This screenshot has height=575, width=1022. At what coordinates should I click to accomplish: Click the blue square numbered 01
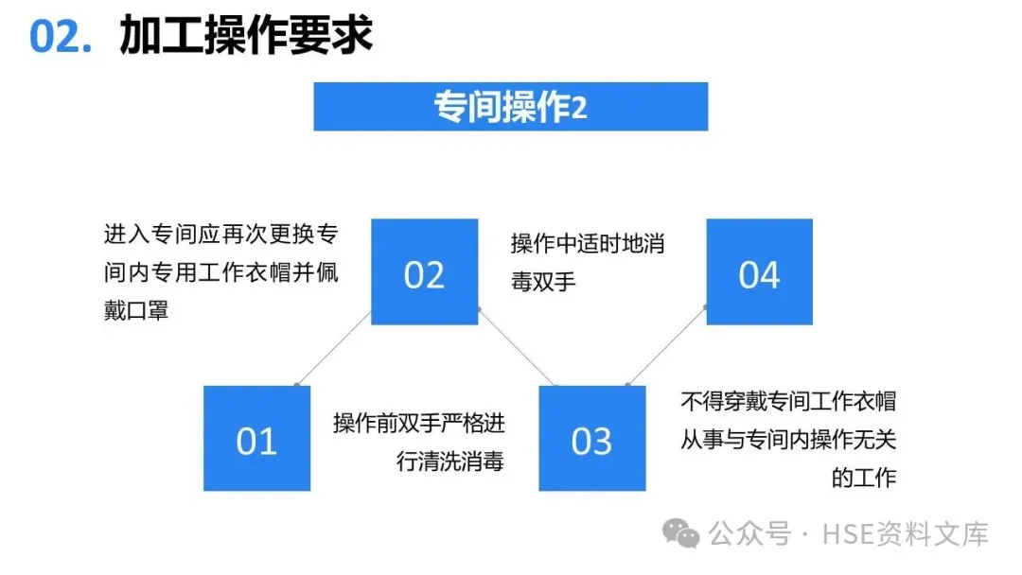click(x=256, y=438)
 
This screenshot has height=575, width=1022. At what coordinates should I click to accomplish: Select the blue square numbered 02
click(x=424, y=272)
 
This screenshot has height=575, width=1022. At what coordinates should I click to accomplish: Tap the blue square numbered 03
click(x=591, y=438)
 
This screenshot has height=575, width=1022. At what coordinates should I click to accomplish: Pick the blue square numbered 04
click(x=759, y=272)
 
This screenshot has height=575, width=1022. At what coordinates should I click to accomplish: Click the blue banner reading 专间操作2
click(x=510, y=107)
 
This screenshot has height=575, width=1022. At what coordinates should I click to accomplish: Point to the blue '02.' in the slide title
click(x=61, y=36)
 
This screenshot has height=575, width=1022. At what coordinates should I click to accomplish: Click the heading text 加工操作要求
click(x=246, y=36)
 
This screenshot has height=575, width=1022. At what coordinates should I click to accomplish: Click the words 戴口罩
click(x=136, y=309)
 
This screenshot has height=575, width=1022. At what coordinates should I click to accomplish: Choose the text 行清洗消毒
click(x=450, y=462)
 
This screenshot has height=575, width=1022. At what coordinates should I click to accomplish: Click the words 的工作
click(x=863, y=478)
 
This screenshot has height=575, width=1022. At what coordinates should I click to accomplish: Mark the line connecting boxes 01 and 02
click(x=334, y=348)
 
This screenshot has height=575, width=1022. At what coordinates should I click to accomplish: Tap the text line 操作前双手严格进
click(x=418, y=423)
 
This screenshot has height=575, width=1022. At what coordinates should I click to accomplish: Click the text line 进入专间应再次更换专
click(x=220, y=234)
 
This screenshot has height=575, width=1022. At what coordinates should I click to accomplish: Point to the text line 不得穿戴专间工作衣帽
click(x=787, y=401)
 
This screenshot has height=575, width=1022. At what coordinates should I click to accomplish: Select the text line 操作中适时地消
click(x=588, y=243)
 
